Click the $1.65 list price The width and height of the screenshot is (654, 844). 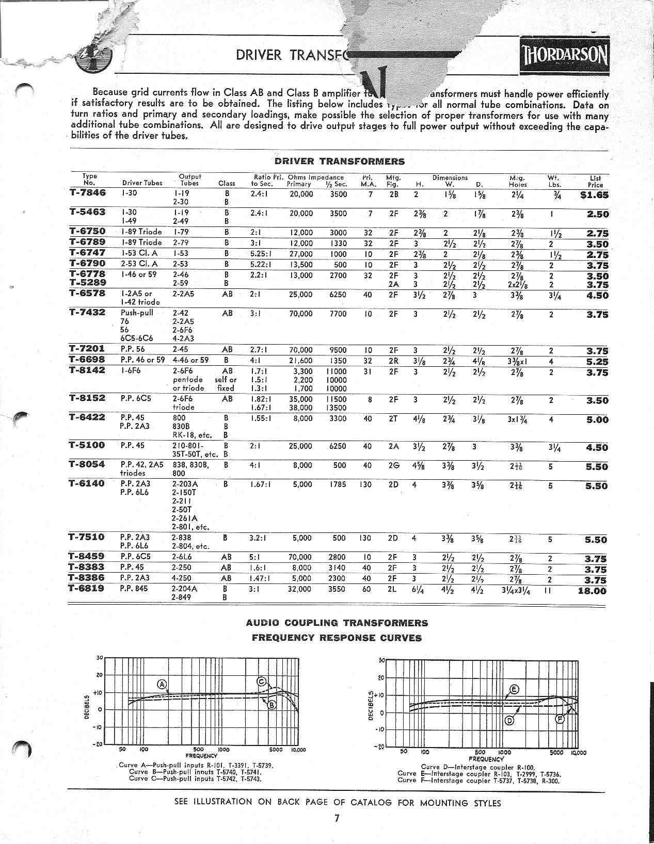(x=594, y=195)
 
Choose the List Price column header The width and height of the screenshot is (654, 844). (x=595, y=181)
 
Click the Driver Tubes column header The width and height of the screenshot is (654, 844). (x=142, y=183)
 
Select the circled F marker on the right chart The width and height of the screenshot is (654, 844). (x=560, y=720)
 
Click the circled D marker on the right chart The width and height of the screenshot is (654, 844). (x=509, y=720)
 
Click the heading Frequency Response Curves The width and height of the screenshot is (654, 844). (x=337, y=638)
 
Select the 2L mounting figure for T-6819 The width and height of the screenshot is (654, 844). (x=392, y=589)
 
